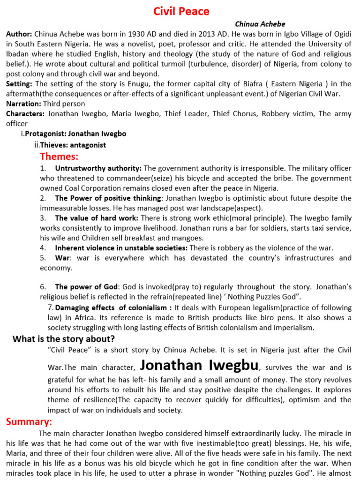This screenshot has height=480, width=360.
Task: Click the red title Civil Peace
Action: (x=181, y=11)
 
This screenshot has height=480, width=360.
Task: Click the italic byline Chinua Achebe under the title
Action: (x=260, y=24)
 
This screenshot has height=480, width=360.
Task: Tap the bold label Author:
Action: (x=19, y=34)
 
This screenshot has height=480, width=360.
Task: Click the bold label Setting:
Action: (x=19, y=83)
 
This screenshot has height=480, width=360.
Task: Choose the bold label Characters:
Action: (x=25, y=113)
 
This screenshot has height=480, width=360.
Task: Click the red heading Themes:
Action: (x=59, y=156)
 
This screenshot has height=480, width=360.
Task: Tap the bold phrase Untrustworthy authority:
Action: (x=98, y=168)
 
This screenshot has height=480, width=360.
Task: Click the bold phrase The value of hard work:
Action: (x=97, y=218)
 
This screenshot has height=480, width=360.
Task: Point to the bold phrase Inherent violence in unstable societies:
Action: (x=121, y=248)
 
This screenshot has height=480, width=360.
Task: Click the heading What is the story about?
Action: (x=64, y=339)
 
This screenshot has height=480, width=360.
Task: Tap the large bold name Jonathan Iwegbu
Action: (x=199, y=365)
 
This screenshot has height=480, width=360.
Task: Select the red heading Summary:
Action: (x=29, y=422)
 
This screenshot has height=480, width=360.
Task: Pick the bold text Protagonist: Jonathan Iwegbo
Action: (x=75, y=134)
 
